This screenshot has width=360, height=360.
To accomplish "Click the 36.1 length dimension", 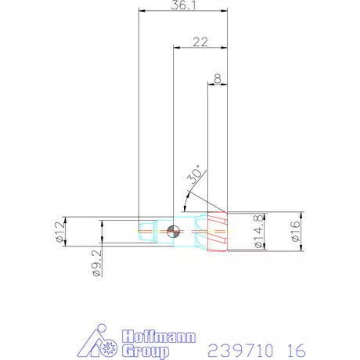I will tap(181, 6).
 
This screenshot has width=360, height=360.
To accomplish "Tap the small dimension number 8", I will tap(216, 79).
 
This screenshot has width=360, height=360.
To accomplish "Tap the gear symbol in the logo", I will tap(109, 344).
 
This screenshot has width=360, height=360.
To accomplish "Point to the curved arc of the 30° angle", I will tap(186, 196).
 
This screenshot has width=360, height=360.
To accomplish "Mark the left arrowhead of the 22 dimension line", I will tap(176, 47).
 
